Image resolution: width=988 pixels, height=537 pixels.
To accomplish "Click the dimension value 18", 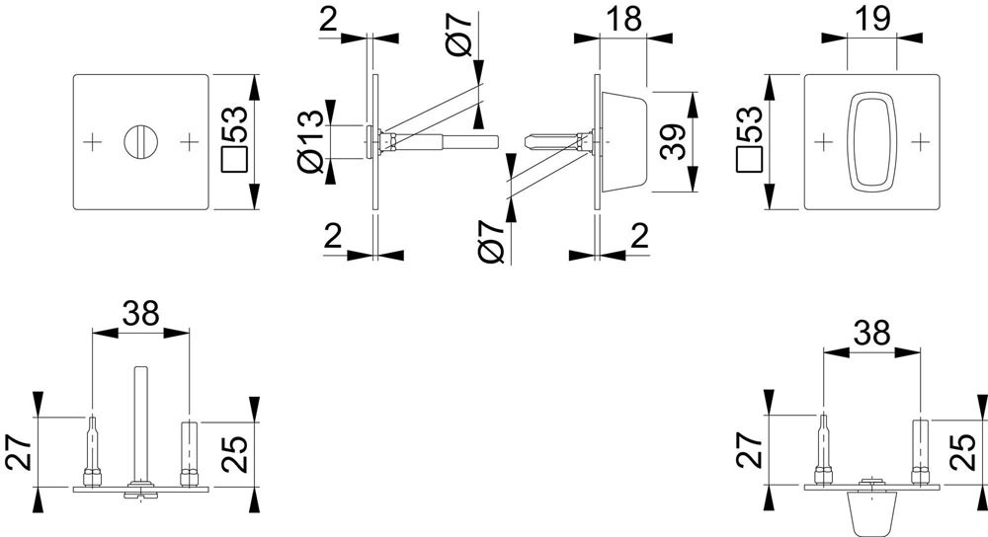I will [624, 19].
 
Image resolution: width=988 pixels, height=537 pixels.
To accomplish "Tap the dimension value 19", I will [871, 19].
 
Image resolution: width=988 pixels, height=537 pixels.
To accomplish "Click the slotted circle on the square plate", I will [140, 141].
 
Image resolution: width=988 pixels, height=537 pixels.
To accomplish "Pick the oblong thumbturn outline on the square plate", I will [871, 140].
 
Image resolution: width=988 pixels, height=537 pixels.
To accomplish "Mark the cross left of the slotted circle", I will [93, 142].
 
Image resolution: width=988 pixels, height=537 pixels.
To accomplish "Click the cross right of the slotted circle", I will [188, 142].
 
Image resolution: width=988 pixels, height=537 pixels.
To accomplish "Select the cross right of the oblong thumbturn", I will [920, 142].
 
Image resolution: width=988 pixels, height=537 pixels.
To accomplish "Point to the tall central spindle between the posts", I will [139, 420].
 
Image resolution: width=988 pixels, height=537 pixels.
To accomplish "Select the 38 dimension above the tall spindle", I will [139, 313].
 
